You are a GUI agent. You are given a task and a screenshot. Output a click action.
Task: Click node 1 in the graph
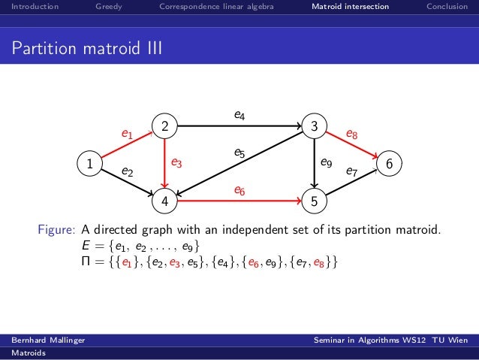tap(89, 163)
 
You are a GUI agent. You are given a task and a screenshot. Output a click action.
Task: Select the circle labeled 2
tap(164, 126)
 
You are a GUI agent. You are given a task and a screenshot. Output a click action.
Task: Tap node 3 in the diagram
tap(315, 126)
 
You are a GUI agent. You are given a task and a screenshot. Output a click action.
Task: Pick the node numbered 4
tap(164, 201)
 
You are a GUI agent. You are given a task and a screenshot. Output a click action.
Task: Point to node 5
tap(315, 201)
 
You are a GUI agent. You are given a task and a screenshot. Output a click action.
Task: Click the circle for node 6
tap(390, 163)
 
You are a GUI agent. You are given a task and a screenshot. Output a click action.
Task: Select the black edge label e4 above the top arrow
tap(239, 115)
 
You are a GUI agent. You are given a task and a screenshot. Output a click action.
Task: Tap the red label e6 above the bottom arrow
tap(239, 191)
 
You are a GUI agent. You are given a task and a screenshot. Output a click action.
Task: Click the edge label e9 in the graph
tap(327, 161)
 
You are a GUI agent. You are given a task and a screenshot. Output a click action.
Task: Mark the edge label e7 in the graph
tap(351, 171)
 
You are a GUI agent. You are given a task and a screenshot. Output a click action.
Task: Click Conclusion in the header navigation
tap(447, 8)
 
